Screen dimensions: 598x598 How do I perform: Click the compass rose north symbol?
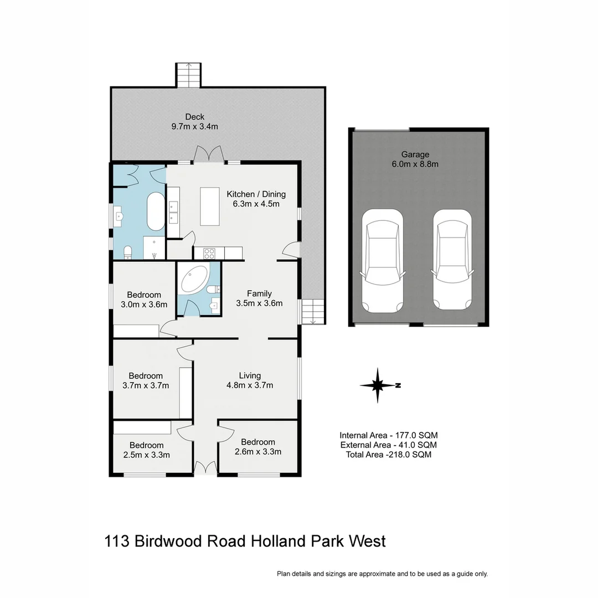[378, 385]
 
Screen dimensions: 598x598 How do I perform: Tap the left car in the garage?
[383, 260]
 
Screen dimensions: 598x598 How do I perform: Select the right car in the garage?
[453, 260]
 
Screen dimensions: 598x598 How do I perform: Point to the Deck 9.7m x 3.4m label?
[194, 121]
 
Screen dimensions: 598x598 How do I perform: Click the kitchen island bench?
[209, 206]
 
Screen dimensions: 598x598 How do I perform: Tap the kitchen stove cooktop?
[210, 253]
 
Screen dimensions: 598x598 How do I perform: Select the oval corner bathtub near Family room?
[194, 279]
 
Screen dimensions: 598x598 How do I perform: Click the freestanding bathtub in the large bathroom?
[155, 212]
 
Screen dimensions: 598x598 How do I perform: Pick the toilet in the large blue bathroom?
[128, 252]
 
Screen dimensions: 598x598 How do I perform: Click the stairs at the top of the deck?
[188, 75]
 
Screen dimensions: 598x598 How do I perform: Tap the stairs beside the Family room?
[313, 311]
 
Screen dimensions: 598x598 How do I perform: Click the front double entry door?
[205, 468]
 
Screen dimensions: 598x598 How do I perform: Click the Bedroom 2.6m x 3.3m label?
[257, 446]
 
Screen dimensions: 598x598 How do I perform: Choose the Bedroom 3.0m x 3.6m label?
[143, 300]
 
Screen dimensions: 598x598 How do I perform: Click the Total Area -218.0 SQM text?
[386, 455]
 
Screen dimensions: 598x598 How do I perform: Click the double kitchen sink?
[173, 210]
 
